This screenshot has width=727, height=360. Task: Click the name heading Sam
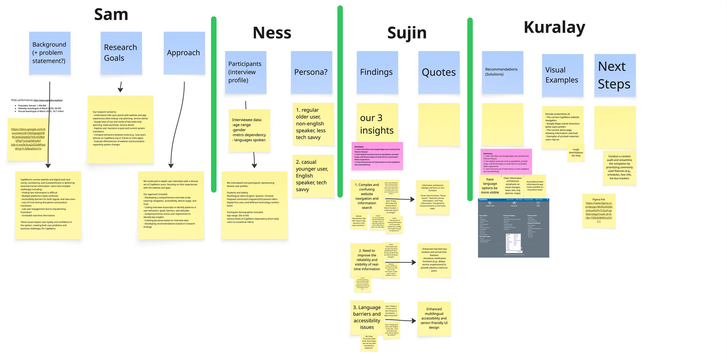[x=111, y=15]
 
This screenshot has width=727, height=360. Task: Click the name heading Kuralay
[x=554, y=28]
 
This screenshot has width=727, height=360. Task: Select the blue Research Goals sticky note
[x=121, y=53]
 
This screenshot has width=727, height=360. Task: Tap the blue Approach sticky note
[x=184, y=53]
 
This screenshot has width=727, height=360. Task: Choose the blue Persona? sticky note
[x=311, y=72]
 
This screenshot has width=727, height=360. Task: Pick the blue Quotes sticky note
[x=439, y=72]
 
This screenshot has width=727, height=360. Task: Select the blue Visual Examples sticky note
[x=562, y=75]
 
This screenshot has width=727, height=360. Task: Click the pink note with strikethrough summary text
[x=377, y=156]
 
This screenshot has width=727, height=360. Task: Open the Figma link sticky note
[x=598, y=211]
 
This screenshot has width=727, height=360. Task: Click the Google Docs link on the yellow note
[x=28, y=139]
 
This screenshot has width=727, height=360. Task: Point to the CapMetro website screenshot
[x=513, y=228]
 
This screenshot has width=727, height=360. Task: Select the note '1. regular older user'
[x=313, y=124]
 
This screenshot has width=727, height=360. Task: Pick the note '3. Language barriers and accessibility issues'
[x=367, y=317]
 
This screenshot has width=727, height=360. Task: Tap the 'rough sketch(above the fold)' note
[x=576, y=153]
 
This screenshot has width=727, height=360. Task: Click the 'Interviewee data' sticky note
[x=249, y=130]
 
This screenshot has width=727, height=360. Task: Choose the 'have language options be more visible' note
[x=490, y=186]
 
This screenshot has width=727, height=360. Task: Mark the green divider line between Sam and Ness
[x=214, y=105]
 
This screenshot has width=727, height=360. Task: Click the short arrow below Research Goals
[x=120, y=87]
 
